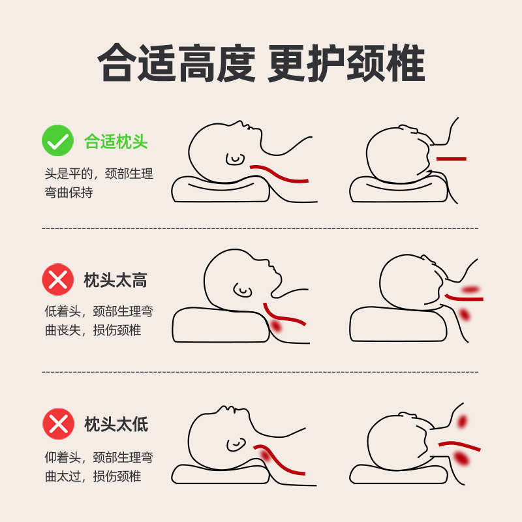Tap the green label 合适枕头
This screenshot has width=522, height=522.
tap(116, 141)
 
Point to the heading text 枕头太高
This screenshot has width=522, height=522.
tap(115, 281)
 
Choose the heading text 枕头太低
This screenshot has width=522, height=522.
tap(116, 424)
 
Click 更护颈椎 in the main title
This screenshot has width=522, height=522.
tap(346, 64)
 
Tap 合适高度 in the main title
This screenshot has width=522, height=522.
tap(176, 64)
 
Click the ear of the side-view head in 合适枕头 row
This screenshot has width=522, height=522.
tap(234, 157)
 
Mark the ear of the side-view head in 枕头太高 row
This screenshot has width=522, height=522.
tap(242, 288)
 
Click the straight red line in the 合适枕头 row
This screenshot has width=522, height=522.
tap(451, 159)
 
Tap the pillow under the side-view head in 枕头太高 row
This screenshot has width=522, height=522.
tap(219, 325)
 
